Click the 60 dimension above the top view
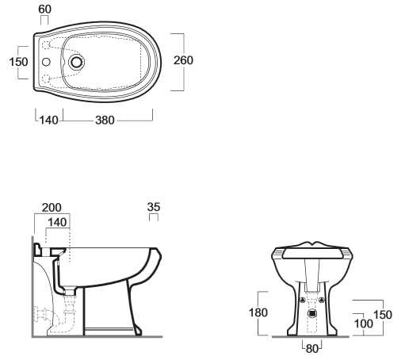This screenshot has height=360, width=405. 44,10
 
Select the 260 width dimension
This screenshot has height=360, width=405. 183,60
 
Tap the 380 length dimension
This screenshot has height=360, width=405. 105,121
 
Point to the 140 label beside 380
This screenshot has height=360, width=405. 49,121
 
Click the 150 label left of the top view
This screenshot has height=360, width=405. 18,62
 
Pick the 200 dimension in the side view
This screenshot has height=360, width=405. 52,208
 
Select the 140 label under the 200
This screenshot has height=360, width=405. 57,222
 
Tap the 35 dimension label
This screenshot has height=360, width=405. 154,207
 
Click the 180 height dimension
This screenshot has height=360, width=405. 258,312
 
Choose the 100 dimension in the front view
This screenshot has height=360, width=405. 364,324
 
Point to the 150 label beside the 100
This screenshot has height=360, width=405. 383,315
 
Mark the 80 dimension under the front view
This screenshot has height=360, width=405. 312,349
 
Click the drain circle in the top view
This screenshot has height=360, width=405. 77,62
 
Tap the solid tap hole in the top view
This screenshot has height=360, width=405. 46,62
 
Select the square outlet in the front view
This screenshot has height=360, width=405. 312,313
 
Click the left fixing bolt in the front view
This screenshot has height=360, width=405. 303,300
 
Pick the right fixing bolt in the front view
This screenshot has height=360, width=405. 322,300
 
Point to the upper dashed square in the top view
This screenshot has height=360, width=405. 46,45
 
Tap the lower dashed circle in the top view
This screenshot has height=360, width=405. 46,79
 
